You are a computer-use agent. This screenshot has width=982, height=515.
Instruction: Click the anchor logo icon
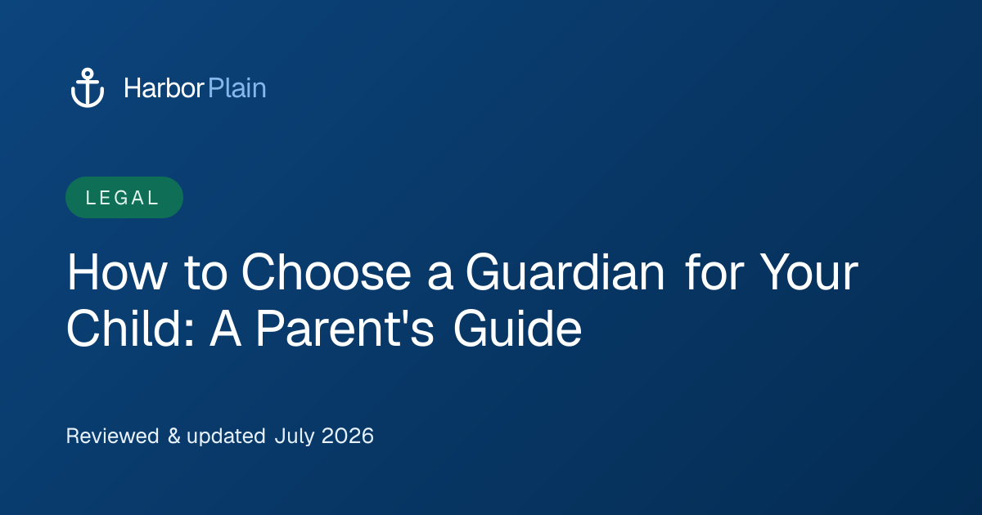(88, 87)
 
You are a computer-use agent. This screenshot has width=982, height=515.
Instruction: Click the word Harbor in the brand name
(164, 88)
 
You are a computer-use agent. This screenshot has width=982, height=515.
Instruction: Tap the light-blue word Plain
(237, 88)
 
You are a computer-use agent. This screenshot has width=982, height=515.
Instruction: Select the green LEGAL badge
(124, 198)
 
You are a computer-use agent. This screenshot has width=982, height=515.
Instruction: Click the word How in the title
(116, 272)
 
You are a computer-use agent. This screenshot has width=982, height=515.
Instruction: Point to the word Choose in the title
(327, 272)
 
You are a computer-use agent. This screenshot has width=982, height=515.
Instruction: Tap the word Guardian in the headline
(565, 272)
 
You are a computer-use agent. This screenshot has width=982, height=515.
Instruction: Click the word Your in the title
(809, 272)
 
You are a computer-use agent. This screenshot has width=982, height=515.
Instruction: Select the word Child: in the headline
(130, 329)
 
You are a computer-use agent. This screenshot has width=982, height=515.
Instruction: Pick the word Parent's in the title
(345, 329)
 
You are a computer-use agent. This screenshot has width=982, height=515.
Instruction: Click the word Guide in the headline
(517, 329)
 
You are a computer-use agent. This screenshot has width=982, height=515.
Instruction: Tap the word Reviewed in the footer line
(112, 437)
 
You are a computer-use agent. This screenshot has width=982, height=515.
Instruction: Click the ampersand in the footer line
(174, 437)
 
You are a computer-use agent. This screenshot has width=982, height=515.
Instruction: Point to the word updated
(226, 437)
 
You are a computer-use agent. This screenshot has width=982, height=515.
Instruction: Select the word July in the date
(295, 437)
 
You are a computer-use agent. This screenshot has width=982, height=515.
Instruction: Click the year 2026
(348, 437)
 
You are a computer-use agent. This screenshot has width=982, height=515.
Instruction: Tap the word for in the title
(714, 272)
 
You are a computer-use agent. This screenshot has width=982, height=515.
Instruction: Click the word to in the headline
(206, 273)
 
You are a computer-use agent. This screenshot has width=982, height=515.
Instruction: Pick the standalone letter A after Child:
(225, 329)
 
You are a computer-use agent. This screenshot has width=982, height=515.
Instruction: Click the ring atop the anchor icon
(88, 73)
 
